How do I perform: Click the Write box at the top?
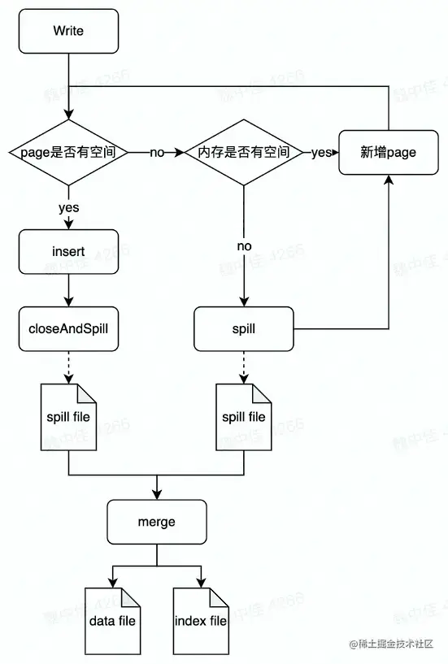pyautogui.click(x=68, y=32)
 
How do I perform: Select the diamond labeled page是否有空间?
pyautogui.click(x=68, y=152)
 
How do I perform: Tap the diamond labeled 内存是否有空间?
pyautogui.click(x=244, y=152)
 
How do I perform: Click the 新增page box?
pyautogui.click(x=389, y=152)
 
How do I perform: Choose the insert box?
pyautogui.click(x=68, y=252)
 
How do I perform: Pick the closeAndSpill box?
pyautogui.click(x=68, y=328)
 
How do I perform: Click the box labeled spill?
pyautogui.click(x=244, y=328)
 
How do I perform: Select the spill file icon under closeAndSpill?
pyautogui.click(x=68, y=416)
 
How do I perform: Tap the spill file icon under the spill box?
pyautogui.click(x=244, y=416)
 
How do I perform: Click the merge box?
pyautogui.click(x=155, y=522)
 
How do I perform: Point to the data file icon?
pyautogui.click(x=112, y=620)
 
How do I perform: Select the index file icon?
pyautogui.click(x=201, y=620)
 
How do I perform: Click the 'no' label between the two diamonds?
pyautogui.click(x=157, y=153)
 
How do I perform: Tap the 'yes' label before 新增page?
pyautogui.click(x=321, y=152)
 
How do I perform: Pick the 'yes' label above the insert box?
pyautogui.click(x=68, y=207)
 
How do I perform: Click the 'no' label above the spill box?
pyautogui.click(x=244, y=245)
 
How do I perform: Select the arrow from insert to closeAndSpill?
pyautogui.click(x=68, y=289)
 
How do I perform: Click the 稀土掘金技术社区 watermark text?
pyautogui.click(x=395, y=644)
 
